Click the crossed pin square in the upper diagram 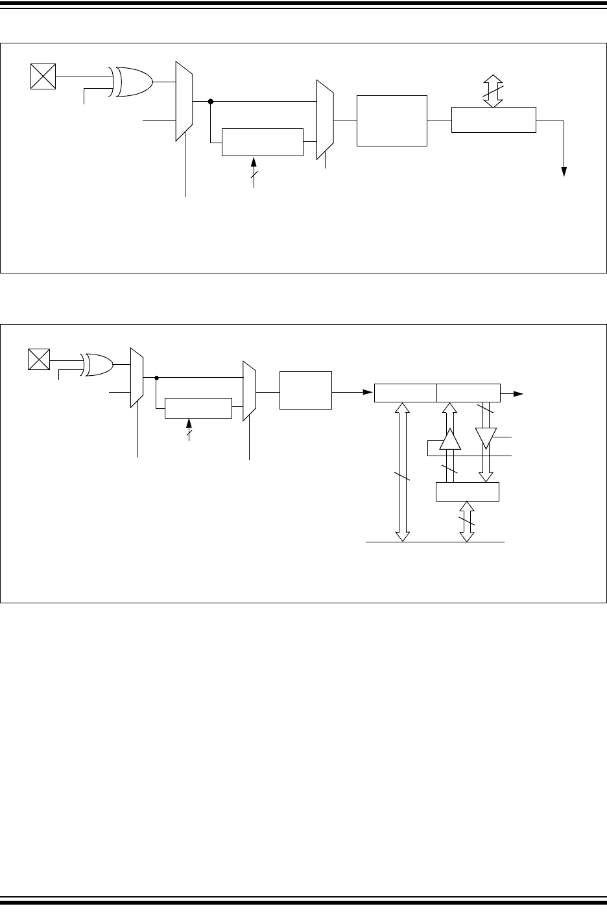tap(43, 76)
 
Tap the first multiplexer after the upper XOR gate tap(184, 101)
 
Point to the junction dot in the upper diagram tap(211, 102)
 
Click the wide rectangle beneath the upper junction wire tap(262, 143)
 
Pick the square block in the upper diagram tap(392, 121)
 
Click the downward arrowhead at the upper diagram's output tap(564, 171)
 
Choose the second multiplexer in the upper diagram tap(324, 120)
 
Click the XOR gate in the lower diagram tap(98, 365)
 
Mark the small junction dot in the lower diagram tap(157, 376)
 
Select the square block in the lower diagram tap(305, 390)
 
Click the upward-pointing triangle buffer tap(449, 440)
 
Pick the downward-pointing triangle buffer tap(485, 437)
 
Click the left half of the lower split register tap(405, 393)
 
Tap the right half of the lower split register tap(468, 393)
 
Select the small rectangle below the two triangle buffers tap(467, 492)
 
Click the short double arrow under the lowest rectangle tap(467, 522)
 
